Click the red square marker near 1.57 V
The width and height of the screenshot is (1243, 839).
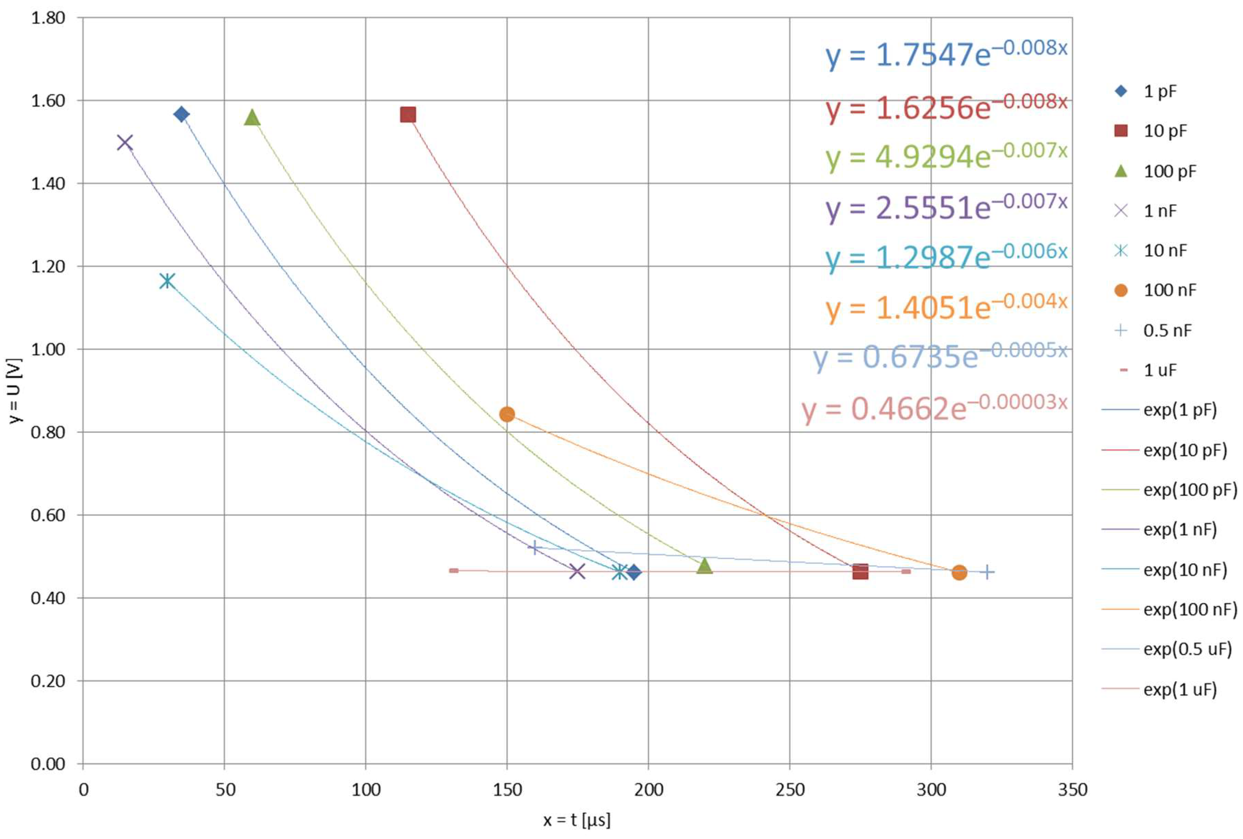tap(408, 115)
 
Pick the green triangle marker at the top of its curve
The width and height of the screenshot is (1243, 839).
tap(252, 117)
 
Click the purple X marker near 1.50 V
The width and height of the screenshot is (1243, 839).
tap(125, 143)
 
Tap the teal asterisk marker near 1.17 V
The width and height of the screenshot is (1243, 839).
tap(167, 281)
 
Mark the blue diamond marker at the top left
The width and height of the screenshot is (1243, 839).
tap(181, 114)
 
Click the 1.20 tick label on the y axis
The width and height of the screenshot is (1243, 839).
tap(48, 266)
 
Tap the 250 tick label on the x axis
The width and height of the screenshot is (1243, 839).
tap(789, 790)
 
